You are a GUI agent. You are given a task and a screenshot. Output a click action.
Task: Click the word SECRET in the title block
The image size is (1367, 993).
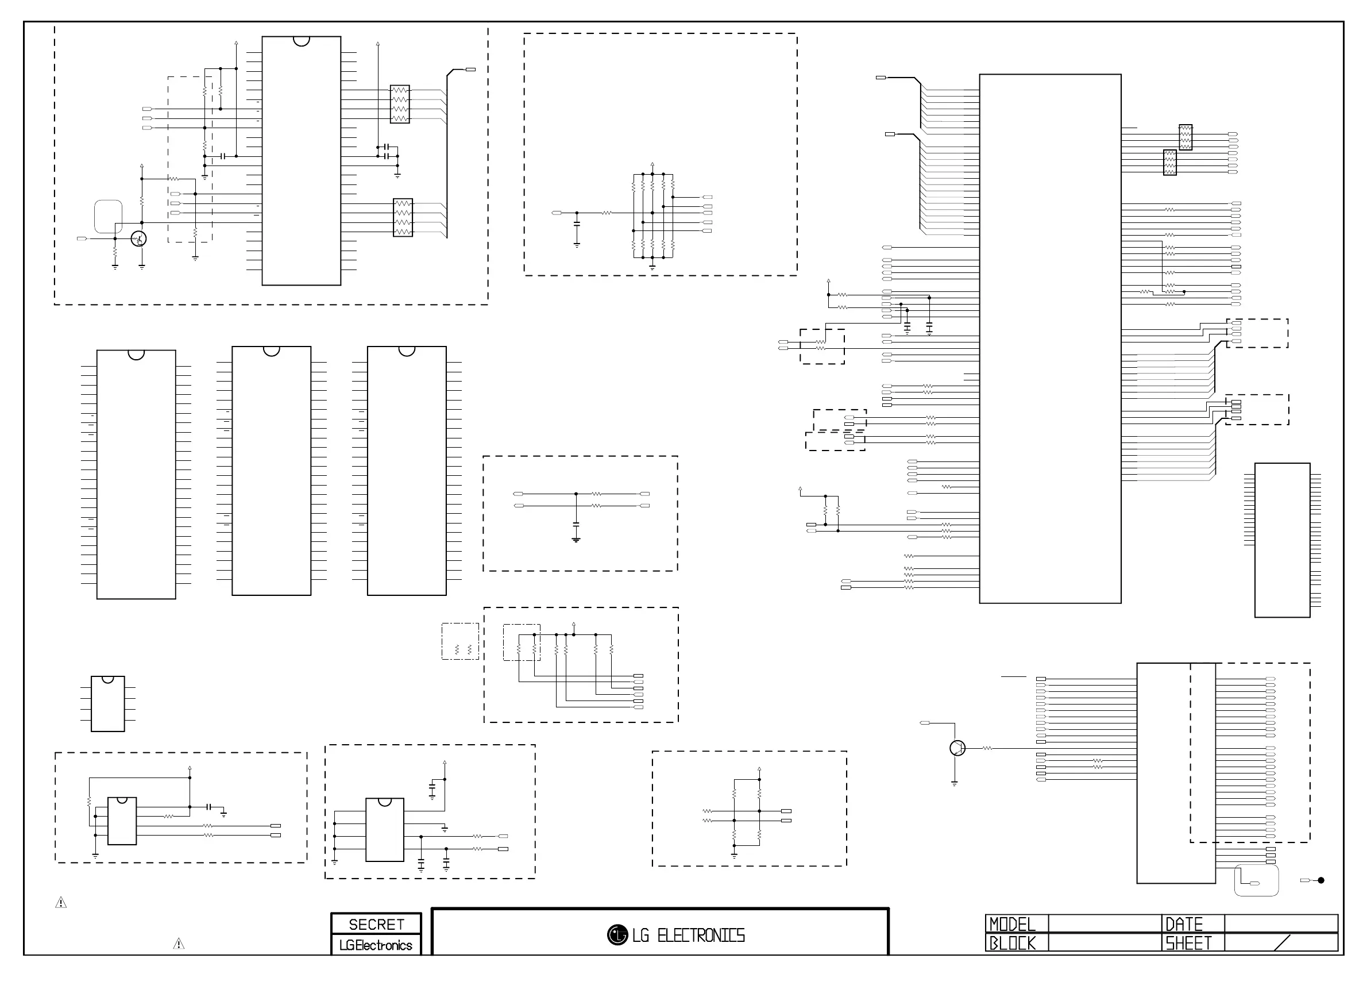376,924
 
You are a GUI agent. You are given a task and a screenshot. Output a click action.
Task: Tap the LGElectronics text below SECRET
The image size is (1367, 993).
376,945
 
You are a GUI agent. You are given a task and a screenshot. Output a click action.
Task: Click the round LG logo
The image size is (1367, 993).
617,935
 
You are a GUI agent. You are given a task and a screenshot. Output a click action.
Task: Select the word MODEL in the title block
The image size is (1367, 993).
1013,924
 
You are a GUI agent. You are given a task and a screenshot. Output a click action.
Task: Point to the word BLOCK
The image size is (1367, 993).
1013,943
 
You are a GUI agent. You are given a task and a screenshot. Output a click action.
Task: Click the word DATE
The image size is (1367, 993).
1184,924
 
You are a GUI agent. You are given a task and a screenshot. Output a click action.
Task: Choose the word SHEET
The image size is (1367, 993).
1188,943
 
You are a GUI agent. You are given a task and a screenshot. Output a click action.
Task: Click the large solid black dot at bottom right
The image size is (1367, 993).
1321,880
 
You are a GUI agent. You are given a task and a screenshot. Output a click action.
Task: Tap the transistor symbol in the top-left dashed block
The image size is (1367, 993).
138,238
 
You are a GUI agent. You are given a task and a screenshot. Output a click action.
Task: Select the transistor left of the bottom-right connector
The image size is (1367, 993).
957,748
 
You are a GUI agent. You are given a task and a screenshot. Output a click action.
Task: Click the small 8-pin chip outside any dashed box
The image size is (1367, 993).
108,703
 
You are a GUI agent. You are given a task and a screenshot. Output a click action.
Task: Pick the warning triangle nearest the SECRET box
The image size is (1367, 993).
179,944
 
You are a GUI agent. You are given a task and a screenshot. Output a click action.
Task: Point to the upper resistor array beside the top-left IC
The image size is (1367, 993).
400,105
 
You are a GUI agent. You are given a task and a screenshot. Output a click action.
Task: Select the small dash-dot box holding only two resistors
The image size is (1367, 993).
461,641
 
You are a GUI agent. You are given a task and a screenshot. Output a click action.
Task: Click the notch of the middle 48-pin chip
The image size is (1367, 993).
271,351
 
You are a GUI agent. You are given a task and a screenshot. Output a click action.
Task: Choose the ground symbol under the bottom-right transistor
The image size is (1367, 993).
955,783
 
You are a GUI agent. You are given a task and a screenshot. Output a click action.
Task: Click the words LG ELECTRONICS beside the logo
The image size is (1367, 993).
688,936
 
